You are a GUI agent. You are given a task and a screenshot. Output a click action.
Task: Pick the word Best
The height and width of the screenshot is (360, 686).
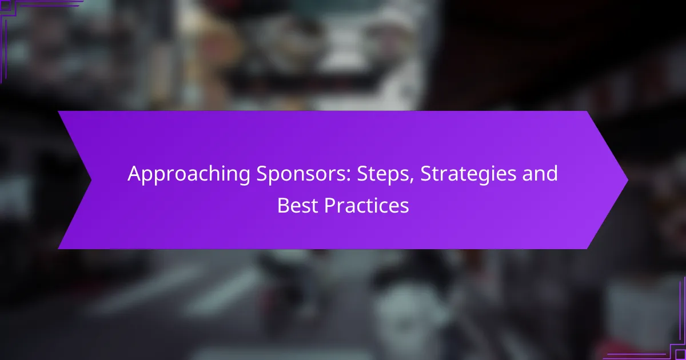(298, 205)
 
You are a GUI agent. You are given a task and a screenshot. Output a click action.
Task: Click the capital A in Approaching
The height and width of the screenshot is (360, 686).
(134, 173)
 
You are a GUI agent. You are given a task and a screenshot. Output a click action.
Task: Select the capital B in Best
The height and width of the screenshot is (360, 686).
(283, 205)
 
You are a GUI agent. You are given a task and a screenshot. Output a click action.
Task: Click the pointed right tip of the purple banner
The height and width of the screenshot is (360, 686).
(627, 180)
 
